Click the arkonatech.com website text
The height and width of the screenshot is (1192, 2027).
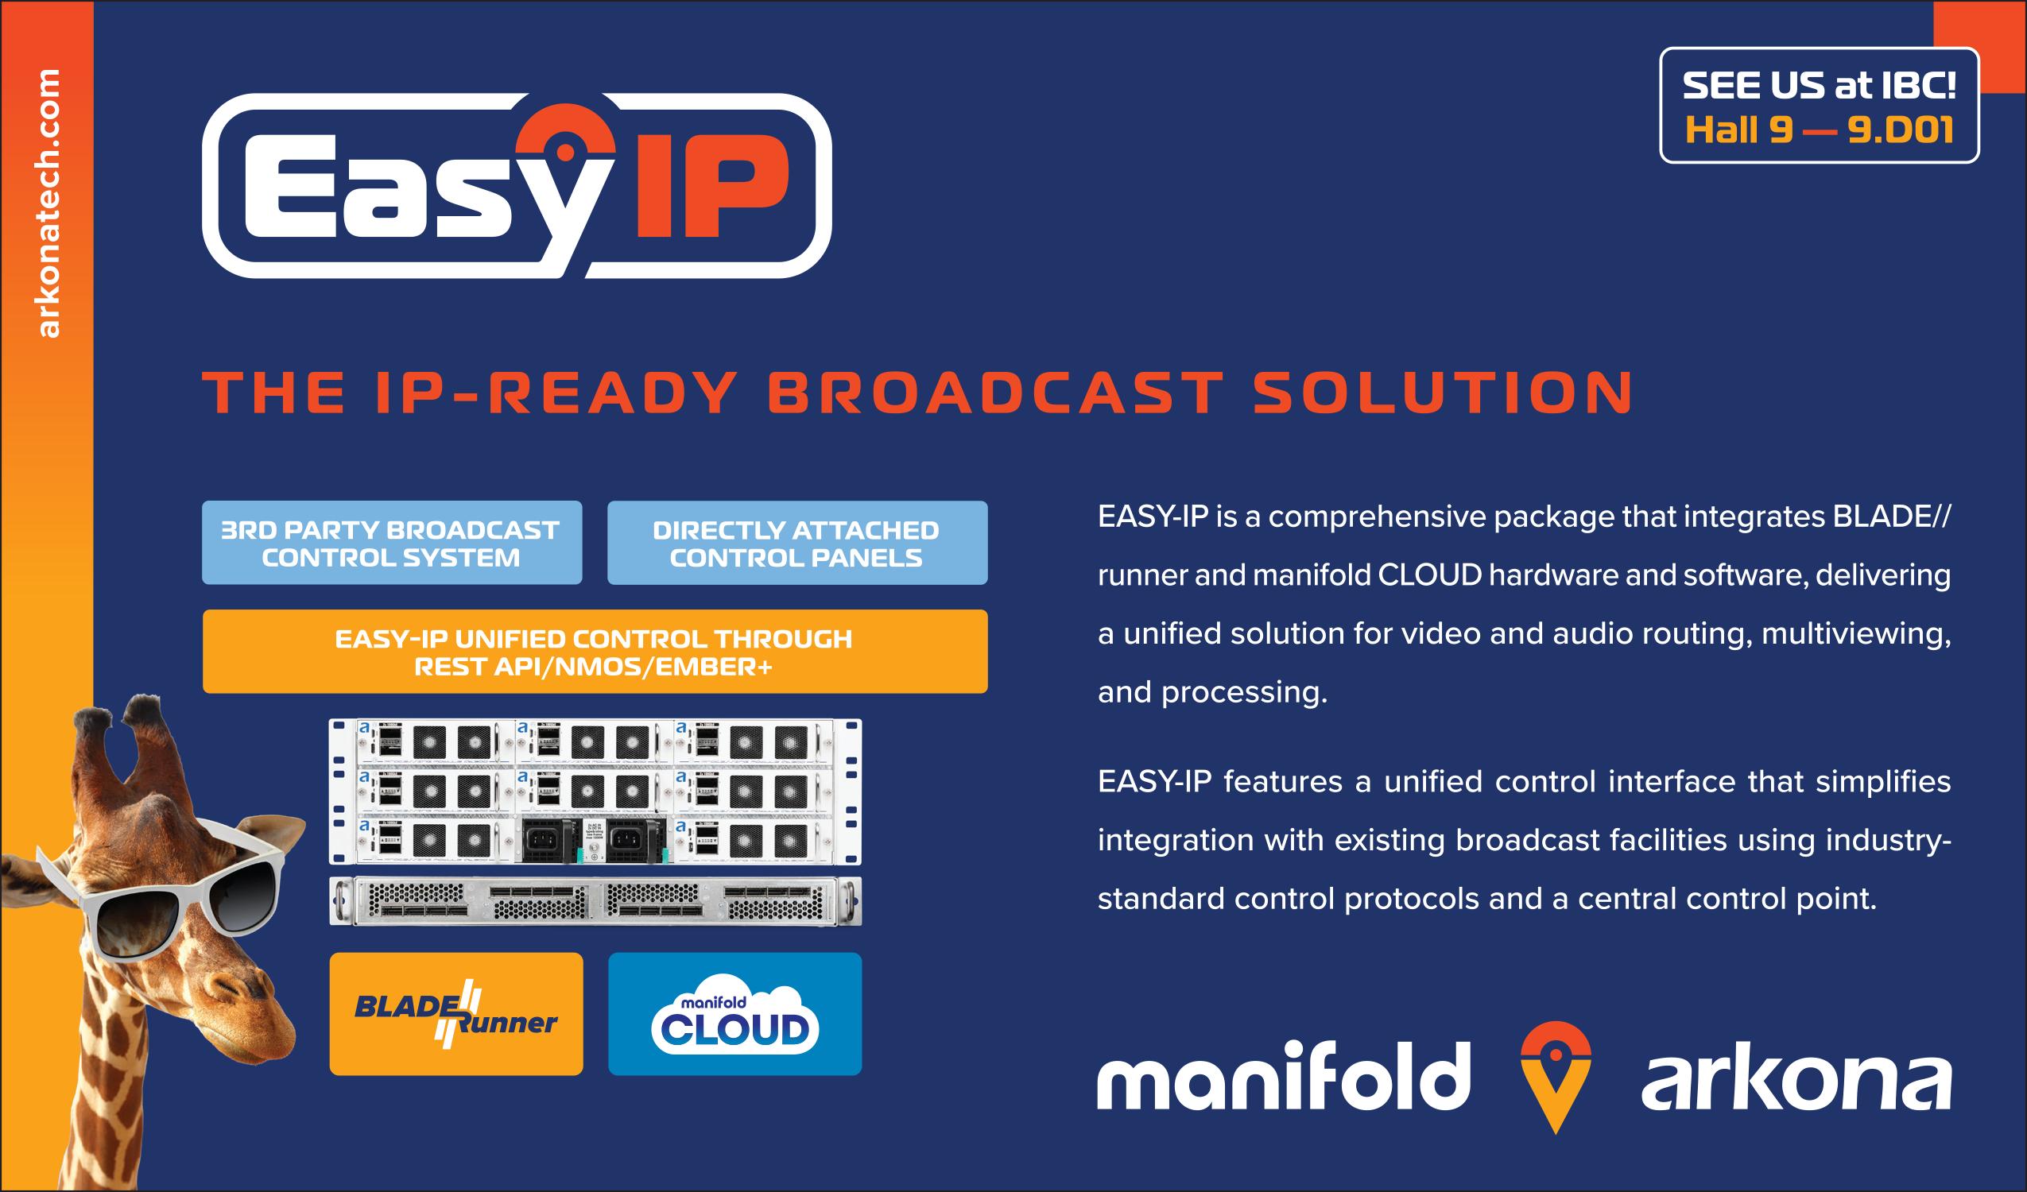(x=48, y=203)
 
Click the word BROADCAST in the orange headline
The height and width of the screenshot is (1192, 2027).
(x=994, y=393)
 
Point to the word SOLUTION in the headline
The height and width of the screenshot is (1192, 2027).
(x=1443, y=393)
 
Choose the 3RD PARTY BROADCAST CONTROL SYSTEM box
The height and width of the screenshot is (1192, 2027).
(x=392, y=543)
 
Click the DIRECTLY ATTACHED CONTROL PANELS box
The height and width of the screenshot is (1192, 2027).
(x=797, y=543)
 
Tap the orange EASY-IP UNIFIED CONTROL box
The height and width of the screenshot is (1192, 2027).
(x=595, y=652)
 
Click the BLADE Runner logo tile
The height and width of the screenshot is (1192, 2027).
(x=456, y=1014)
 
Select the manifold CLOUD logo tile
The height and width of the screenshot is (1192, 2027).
(x=734, y=1014)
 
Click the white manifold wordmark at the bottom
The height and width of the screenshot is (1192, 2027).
(x=1284, y=1076)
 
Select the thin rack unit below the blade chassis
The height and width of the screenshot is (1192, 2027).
(x=595, y=900)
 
